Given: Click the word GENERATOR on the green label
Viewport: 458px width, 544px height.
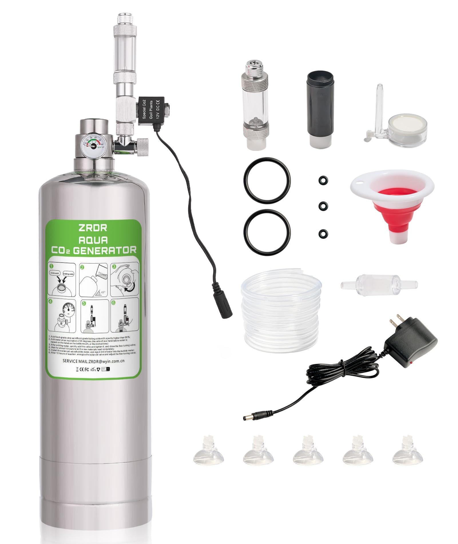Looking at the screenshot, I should click(105, 251).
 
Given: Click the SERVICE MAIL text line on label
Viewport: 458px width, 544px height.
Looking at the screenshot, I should click(93, 361).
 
